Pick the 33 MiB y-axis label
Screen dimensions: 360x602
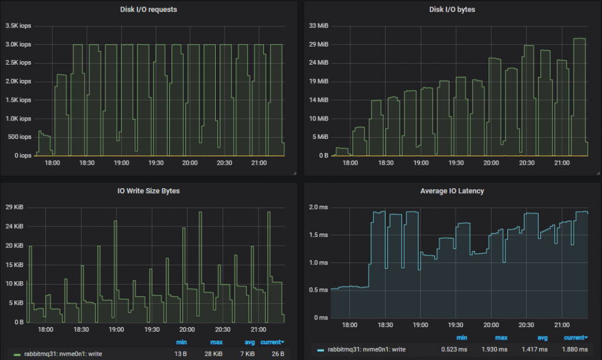[319, 26]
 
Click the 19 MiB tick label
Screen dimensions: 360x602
[319, 82]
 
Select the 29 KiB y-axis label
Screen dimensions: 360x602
[14, 208]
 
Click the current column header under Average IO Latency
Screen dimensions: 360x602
[574, 338]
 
